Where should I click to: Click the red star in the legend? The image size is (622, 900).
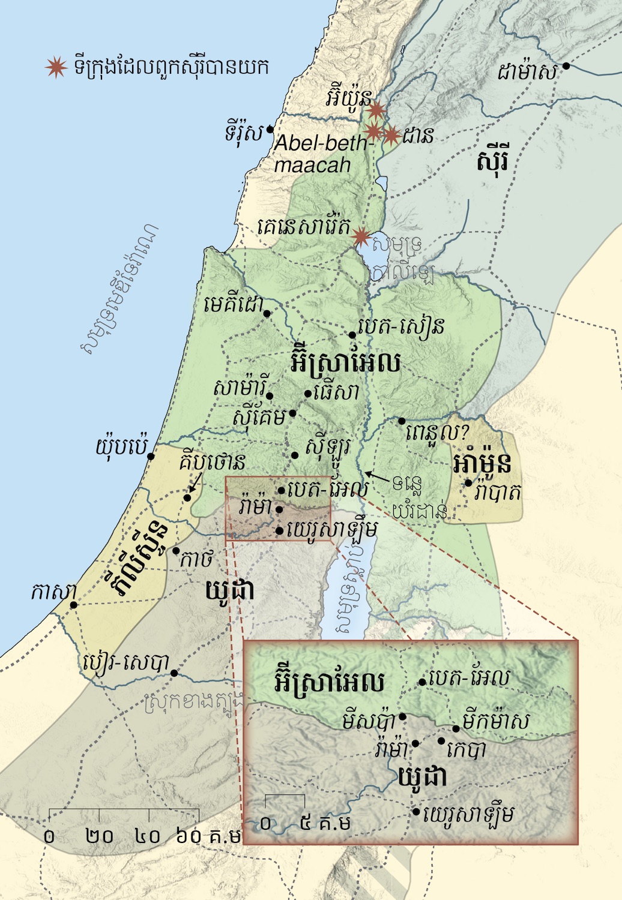[x=56, y=67]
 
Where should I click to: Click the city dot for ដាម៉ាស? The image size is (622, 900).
[x=566, y=66]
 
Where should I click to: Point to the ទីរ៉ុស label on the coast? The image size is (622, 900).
[x=244, y=133]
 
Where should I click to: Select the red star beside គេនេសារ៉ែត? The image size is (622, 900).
[x=361, y=236]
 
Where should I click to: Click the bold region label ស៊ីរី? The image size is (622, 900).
[x=492, y=161]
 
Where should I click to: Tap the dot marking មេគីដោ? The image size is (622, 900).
[x=267, y=313]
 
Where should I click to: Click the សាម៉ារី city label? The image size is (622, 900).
[x=238, y=389]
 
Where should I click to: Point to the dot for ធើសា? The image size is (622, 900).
[x=308, y=394]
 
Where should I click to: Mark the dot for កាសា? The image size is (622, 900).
[x=74, y=605]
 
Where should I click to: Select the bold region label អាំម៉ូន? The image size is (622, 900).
[x=483, y=463]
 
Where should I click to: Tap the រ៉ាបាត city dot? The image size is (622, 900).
[x=468, y=482]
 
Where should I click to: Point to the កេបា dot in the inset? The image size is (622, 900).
[x=441, y=742]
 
